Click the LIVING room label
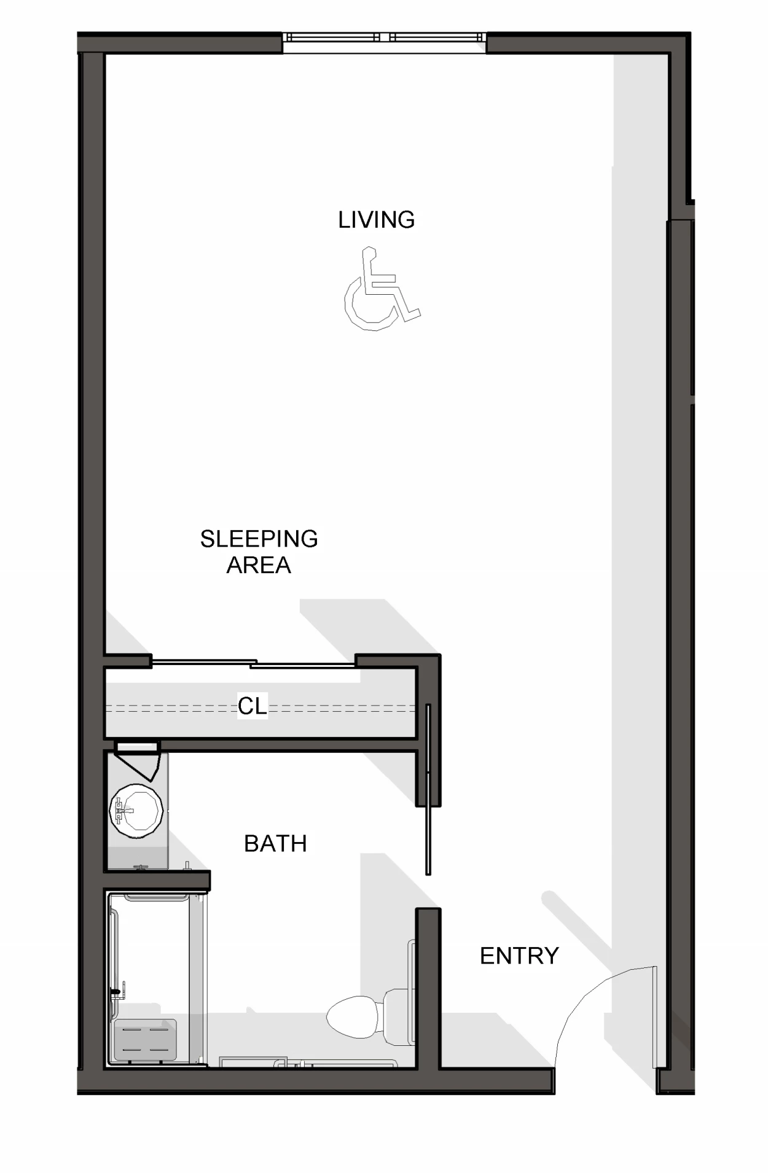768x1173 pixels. point(376,219)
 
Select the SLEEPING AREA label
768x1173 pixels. point(259,551)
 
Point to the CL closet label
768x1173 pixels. point(253,706)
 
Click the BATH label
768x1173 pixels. point(275,843)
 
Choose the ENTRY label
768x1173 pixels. point(519,956)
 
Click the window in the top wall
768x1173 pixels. point(385,37)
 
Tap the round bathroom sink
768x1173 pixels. point(136,810)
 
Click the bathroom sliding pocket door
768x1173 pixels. point(428,789)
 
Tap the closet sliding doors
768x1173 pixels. point(253,663)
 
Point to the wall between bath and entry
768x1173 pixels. point(428,989)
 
